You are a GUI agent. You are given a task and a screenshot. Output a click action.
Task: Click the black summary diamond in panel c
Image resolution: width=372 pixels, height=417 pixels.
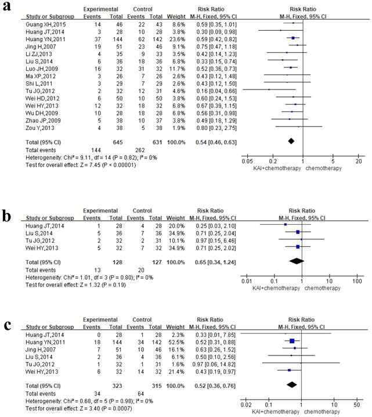coord(292,384)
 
